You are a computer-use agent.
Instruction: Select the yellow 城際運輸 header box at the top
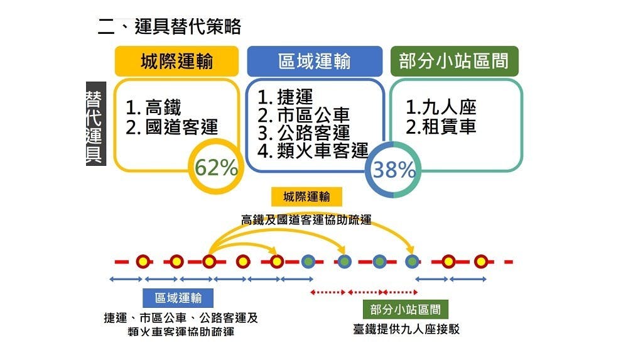tap(176, 61)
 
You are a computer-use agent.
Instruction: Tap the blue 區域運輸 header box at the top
tap(314, 61)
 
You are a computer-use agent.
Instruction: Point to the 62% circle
tap(215, 168)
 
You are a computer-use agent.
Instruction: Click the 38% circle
tap(394, 170)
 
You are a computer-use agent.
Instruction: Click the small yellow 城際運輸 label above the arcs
tap(307, 197)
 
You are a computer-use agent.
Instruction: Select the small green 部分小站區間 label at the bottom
tap(405, 308)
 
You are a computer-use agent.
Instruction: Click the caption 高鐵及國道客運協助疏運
tap(306, 220)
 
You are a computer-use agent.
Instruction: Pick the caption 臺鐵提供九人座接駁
tap(406, 329)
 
